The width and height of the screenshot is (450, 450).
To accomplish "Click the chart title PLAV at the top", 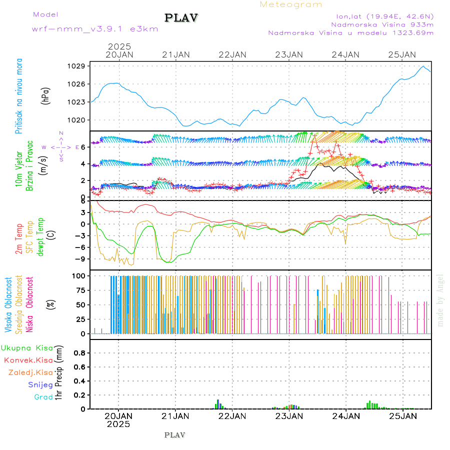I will (182, 18).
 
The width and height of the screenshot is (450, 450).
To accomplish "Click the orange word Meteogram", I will (291, 4).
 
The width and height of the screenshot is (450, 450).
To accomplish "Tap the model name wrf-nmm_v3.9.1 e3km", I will (95, 29).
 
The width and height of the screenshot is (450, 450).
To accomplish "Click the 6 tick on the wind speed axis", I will (84, 147).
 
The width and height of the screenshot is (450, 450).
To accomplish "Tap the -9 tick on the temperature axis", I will (81, 259).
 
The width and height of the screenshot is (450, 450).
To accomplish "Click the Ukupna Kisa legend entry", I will (27, 348).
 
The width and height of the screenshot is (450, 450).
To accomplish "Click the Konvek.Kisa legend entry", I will (28, 360).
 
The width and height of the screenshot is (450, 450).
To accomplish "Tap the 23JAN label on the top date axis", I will (289, 54).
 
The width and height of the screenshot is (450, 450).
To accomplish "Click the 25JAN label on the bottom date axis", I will (402, 415).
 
